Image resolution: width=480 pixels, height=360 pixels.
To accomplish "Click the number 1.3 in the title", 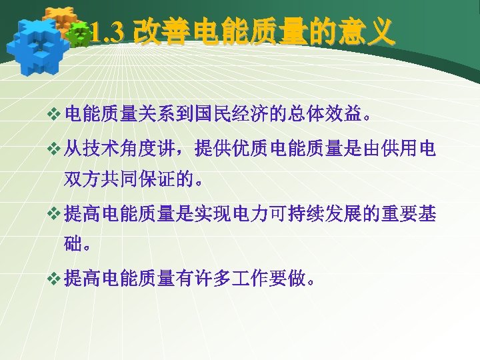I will [x=107, y=31].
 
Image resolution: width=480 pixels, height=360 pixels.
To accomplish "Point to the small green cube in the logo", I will [x=81, y=34].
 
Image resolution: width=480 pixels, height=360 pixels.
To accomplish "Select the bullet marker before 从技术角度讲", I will [x=55, y=150].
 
